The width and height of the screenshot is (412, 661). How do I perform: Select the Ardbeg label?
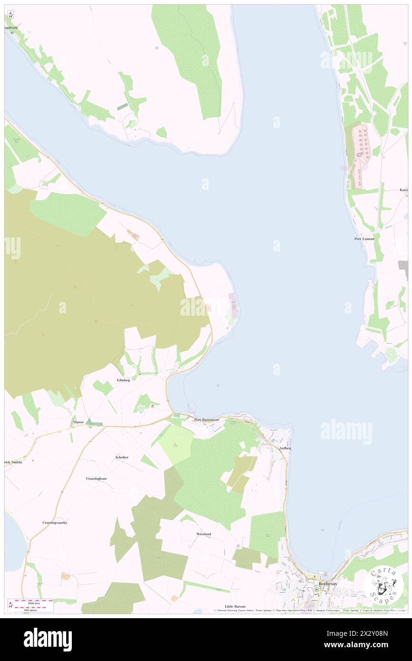pyautogui.click(x=285, y=448)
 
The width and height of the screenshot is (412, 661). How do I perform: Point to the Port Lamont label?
pyautogui.click(x=364, y=239)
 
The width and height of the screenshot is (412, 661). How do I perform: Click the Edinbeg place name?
pyautogui.click(x=123, y=380)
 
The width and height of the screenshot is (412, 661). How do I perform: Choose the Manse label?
pyautogui.click(x=78, y=422)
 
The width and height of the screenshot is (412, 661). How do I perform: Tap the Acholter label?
pyautogui.click(x=122, y=457)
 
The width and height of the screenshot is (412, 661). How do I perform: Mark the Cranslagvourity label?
pyautogui.click(x=55, y=522)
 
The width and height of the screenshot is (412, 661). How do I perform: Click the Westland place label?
pyautogui.click(x=204, y=534)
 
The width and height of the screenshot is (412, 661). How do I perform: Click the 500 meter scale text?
pyautogui.click(x=34, y=609)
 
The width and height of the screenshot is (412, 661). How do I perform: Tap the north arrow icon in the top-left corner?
pyautogui.click(x=10, y=14)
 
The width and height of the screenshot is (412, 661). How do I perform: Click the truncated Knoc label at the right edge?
pyautogui.click(x=404, y=190)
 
